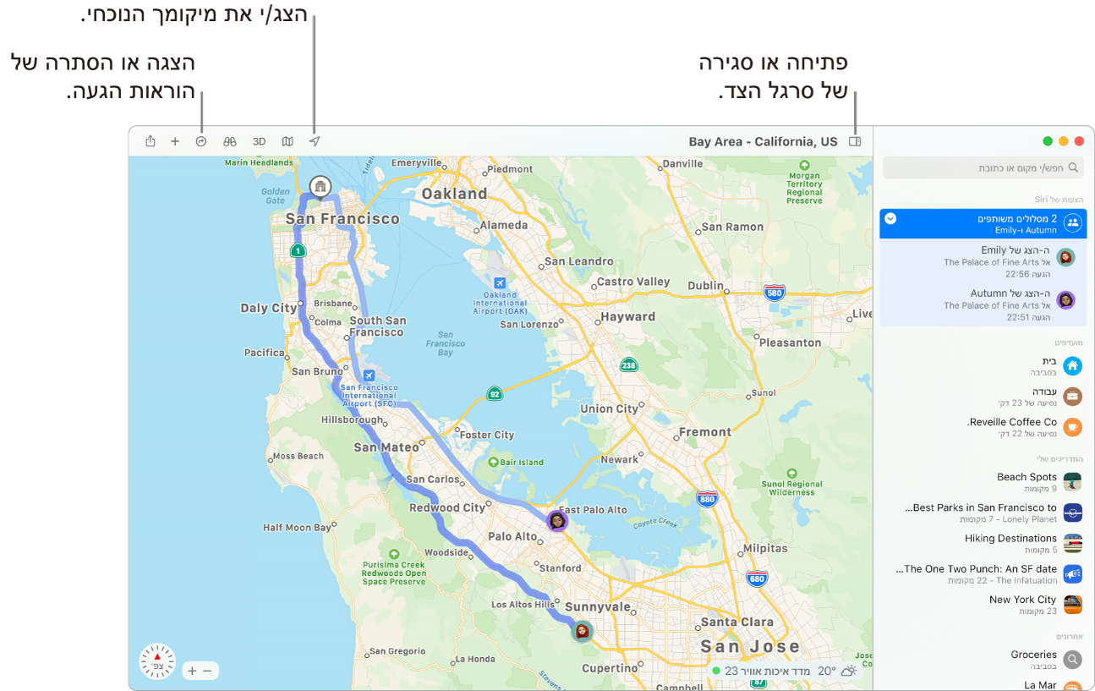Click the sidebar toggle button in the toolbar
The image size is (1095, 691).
pos(855,142)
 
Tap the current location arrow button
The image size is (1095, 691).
pos(315,142)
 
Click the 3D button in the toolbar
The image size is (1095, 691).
pos(260,142)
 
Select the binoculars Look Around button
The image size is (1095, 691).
pos(229,142)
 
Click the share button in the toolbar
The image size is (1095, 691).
pos(151,142)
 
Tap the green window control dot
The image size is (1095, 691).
pos(1048,142)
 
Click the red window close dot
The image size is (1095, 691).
pos(1078,142)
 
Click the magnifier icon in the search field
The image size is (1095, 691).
pos(1073,168)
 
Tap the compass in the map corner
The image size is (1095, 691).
pos(157,661)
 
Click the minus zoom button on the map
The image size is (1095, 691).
pos(208,671)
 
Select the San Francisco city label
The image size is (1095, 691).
pos(342,219)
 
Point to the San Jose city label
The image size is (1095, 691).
pos(750,647)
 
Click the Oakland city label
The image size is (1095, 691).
pos(454,194)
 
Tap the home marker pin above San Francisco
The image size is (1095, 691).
pos(320,186)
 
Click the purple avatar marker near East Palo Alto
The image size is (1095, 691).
pos(556,520)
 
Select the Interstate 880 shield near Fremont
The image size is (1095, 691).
pos(707,499)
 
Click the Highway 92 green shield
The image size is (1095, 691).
pos(495,393)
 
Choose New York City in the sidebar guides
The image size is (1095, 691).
pos(1022,600)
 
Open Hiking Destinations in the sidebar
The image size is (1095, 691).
pos(1010,539)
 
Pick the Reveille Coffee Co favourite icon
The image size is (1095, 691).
pos(1072,427)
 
